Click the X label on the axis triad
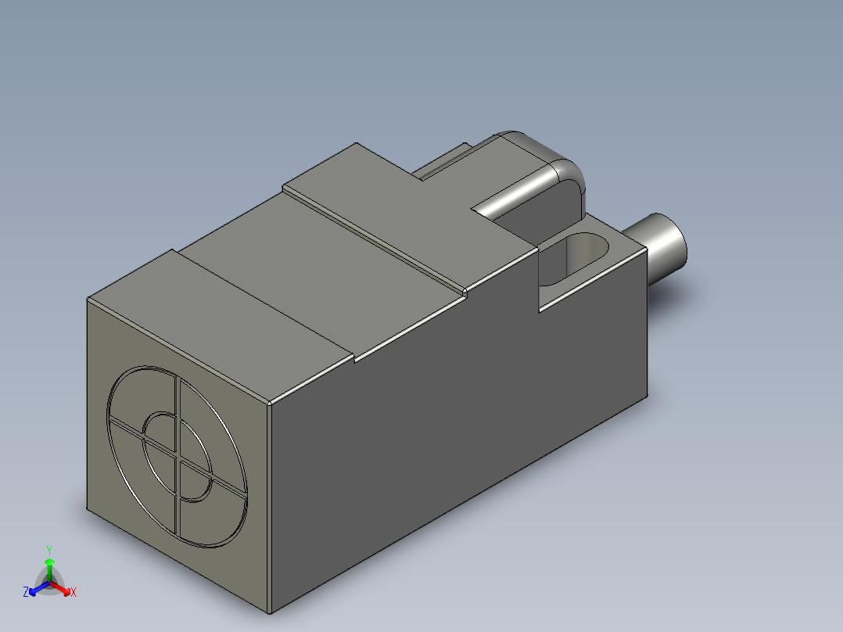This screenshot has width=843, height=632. pyautogui.click(x=73, y=593)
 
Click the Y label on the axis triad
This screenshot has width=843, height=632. pyautogui.click(x=48, y=550)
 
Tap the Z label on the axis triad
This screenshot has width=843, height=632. pyautogui.click(x=26, y=593)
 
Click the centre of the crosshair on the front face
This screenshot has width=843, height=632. pyautogui.click(x=178, y=457)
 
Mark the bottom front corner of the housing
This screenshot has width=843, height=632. pyautogui.click(x=269, y=612)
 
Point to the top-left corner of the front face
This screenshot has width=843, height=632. pyautogui.click(x=87, y=300)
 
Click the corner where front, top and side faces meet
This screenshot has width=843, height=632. pyautogui.click(x=270, y=404)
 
